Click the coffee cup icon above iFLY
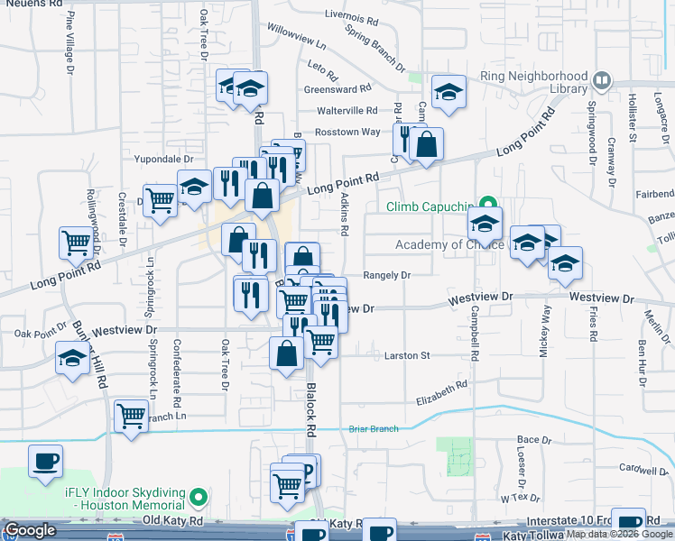click(x=45, y=462)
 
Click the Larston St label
click(x=406, y=355)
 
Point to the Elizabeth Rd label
click(x=441, y=392)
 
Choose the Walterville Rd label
click(x=347, y=110)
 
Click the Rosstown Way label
click(x=347, y=132)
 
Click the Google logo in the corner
click(x=31, y=531)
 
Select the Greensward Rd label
click(x=337, y=89)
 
